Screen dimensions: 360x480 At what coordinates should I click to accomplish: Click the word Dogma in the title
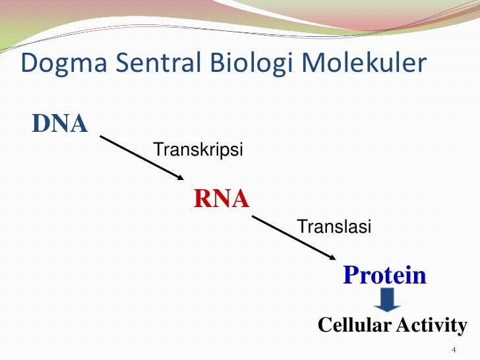point(58,64)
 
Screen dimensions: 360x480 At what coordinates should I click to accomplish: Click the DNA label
point(59,123)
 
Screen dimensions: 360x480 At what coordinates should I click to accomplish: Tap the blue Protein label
point(385,276)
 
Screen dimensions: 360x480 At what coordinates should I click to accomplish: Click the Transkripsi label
point(198,150)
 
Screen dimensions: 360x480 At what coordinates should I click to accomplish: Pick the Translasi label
point(335,227)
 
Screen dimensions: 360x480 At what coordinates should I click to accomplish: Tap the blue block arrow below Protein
point(388,301)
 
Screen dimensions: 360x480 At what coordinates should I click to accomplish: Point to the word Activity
point(431,325)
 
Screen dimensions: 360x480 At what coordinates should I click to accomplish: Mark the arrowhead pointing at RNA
point(181,177)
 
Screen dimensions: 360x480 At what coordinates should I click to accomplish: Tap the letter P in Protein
point(350,276)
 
